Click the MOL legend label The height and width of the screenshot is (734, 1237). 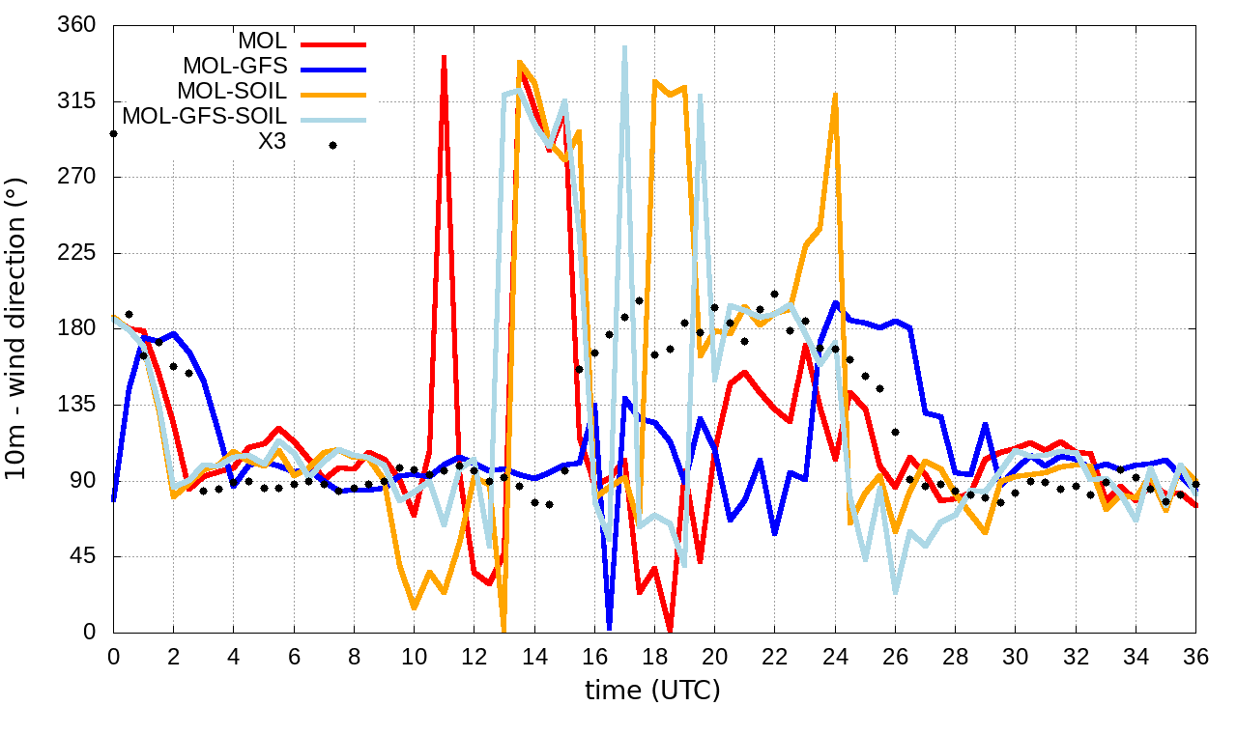pyautogui.click(x=262, y=42)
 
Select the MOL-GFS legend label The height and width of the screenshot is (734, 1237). pyautogui.click(x=235, y=67)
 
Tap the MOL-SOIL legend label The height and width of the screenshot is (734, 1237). pyautogui.click(x=232, y=91)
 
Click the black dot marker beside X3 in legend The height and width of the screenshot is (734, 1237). pyautogui.click(x=332, y=145)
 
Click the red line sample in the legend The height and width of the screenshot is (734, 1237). pyautogui.click(x=332, y=43)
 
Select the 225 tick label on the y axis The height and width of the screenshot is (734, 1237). pyautogui.click(x=77, y=253)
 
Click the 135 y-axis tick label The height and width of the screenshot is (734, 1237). pyautogui.click(x=77, y=405)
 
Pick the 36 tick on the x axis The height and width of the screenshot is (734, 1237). pyautogui.click(x=1196, y=656)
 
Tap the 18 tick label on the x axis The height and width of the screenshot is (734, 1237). pyautogui.click(x=654, y=656)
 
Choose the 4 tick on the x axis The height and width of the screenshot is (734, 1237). pyautogui.click(x=233, y=656)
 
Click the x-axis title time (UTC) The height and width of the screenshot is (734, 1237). pyautogui.click(x=652, y=691)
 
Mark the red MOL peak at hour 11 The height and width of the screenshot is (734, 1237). pyautogui.click(x=444, y=58)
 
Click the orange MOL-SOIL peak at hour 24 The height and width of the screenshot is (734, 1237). pyautogui.click(x=835, y=95)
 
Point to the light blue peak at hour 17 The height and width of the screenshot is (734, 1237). pyautogui.click(x=624, y=47)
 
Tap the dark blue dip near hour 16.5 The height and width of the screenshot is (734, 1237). pyautogui.click(x=609, y=628)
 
